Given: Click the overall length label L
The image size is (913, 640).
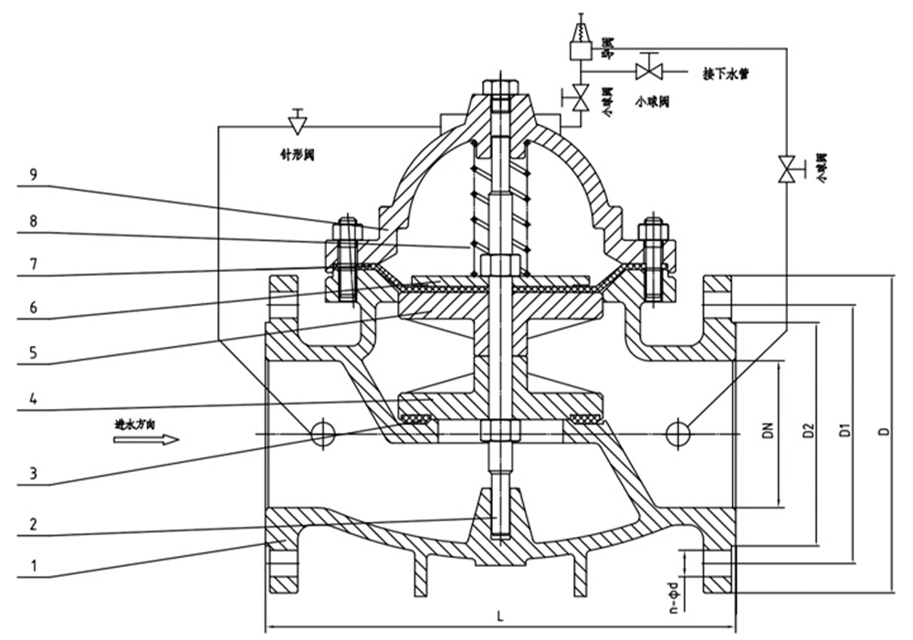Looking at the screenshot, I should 499,615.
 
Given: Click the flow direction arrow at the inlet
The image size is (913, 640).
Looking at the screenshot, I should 146,439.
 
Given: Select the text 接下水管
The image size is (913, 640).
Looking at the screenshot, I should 726,73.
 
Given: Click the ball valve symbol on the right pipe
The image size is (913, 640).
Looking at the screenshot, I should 784,169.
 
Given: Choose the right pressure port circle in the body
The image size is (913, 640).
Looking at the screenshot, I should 677,434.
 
